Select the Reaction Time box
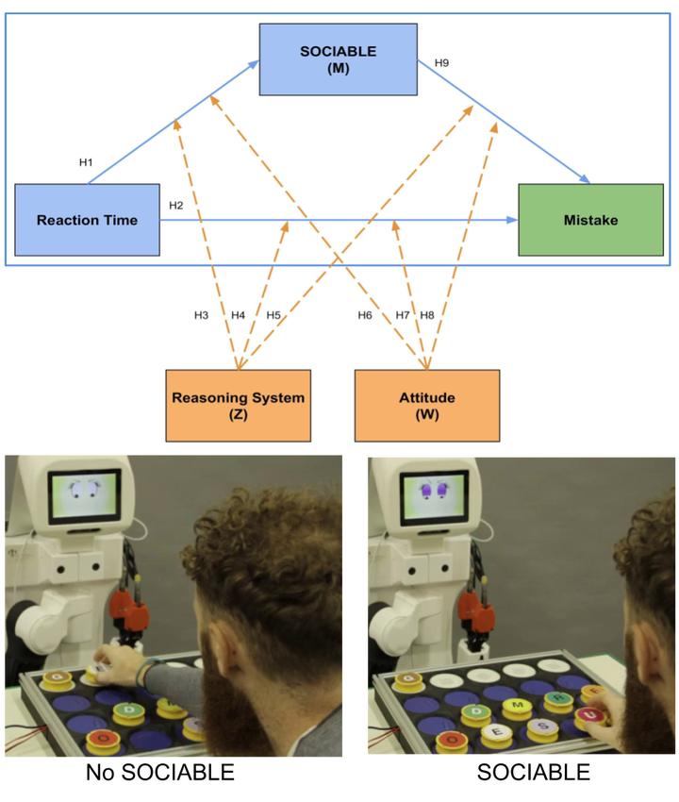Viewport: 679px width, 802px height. coord(87,220)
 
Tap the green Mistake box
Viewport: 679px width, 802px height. coord(590,220)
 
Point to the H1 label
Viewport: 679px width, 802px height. coord(86,162)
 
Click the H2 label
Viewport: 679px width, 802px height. coord(176,205)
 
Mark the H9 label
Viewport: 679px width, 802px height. coord(441,62)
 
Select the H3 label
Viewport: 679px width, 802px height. coord(201,315)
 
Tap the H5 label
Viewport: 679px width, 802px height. coord(273,315)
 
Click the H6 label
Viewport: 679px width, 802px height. coord(365,315)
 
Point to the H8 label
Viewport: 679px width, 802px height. coord(427,315)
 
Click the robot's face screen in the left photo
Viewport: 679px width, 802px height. coord(85,493)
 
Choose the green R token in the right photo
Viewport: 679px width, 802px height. coord(557,699)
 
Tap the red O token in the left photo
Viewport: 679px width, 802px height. coord(102,738)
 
